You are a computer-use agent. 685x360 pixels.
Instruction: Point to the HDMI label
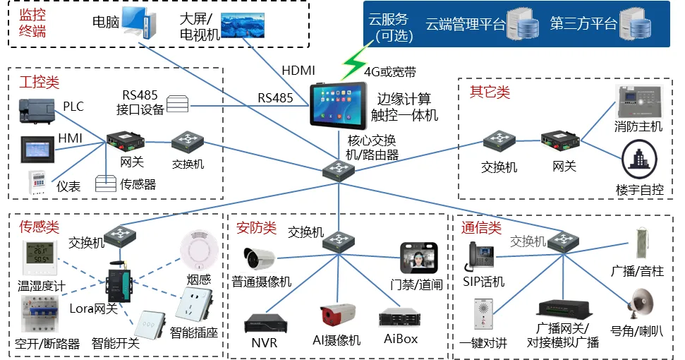(298, 71)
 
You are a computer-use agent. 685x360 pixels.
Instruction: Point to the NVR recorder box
(265, 323)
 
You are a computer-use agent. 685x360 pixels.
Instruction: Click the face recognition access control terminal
(419, 258)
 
